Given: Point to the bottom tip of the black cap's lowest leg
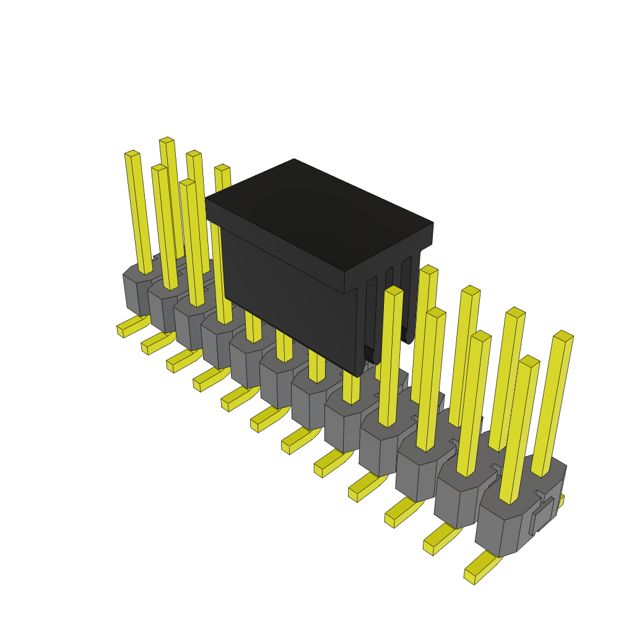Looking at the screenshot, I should (359, 373).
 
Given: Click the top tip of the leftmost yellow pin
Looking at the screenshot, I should (132, 154).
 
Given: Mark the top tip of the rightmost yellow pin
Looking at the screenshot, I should (563, 336).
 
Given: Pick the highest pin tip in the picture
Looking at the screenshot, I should (167, 141).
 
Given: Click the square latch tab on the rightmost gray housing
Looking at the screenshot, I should (542, 514).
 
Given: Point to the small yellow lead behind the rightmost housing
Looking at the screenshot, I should (561, 500).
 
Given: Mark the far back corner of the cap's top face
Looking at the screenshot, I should (294, 160).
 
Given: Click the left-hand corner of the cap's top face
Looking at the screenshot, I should (206, 199).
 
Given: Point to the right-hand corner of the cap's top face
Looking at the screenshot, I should (433, 224).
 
